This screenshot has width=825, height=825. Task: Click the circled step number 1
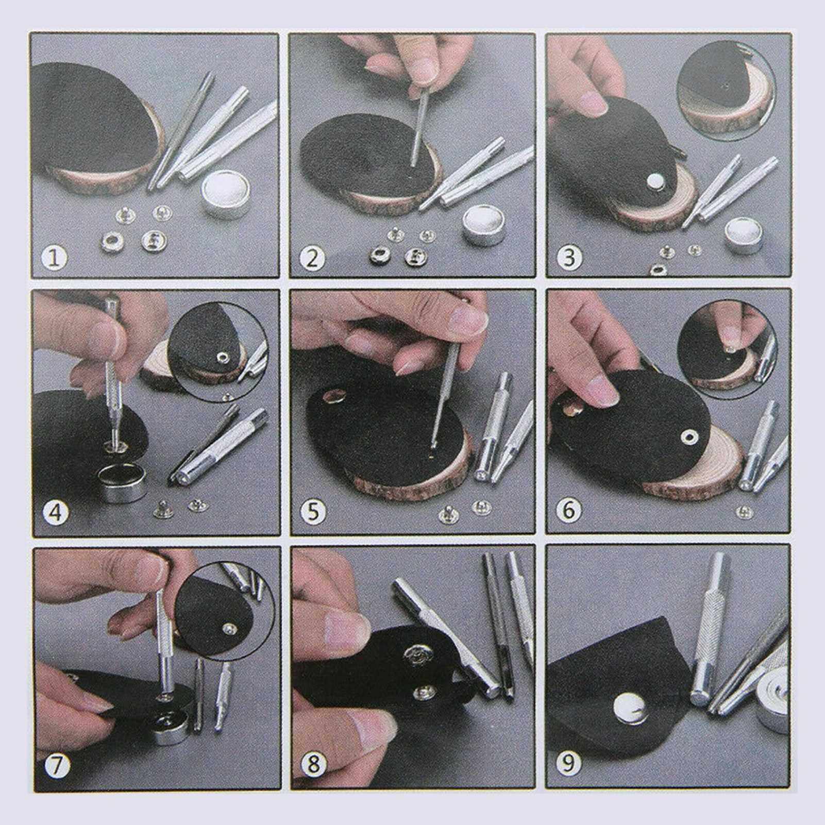click(x=55, y=257)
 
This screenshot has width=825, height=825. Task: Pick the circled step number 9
click(x=568, y=763)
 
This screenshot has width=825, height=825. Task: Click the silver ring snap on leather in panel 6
click(x=688, y=437)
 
